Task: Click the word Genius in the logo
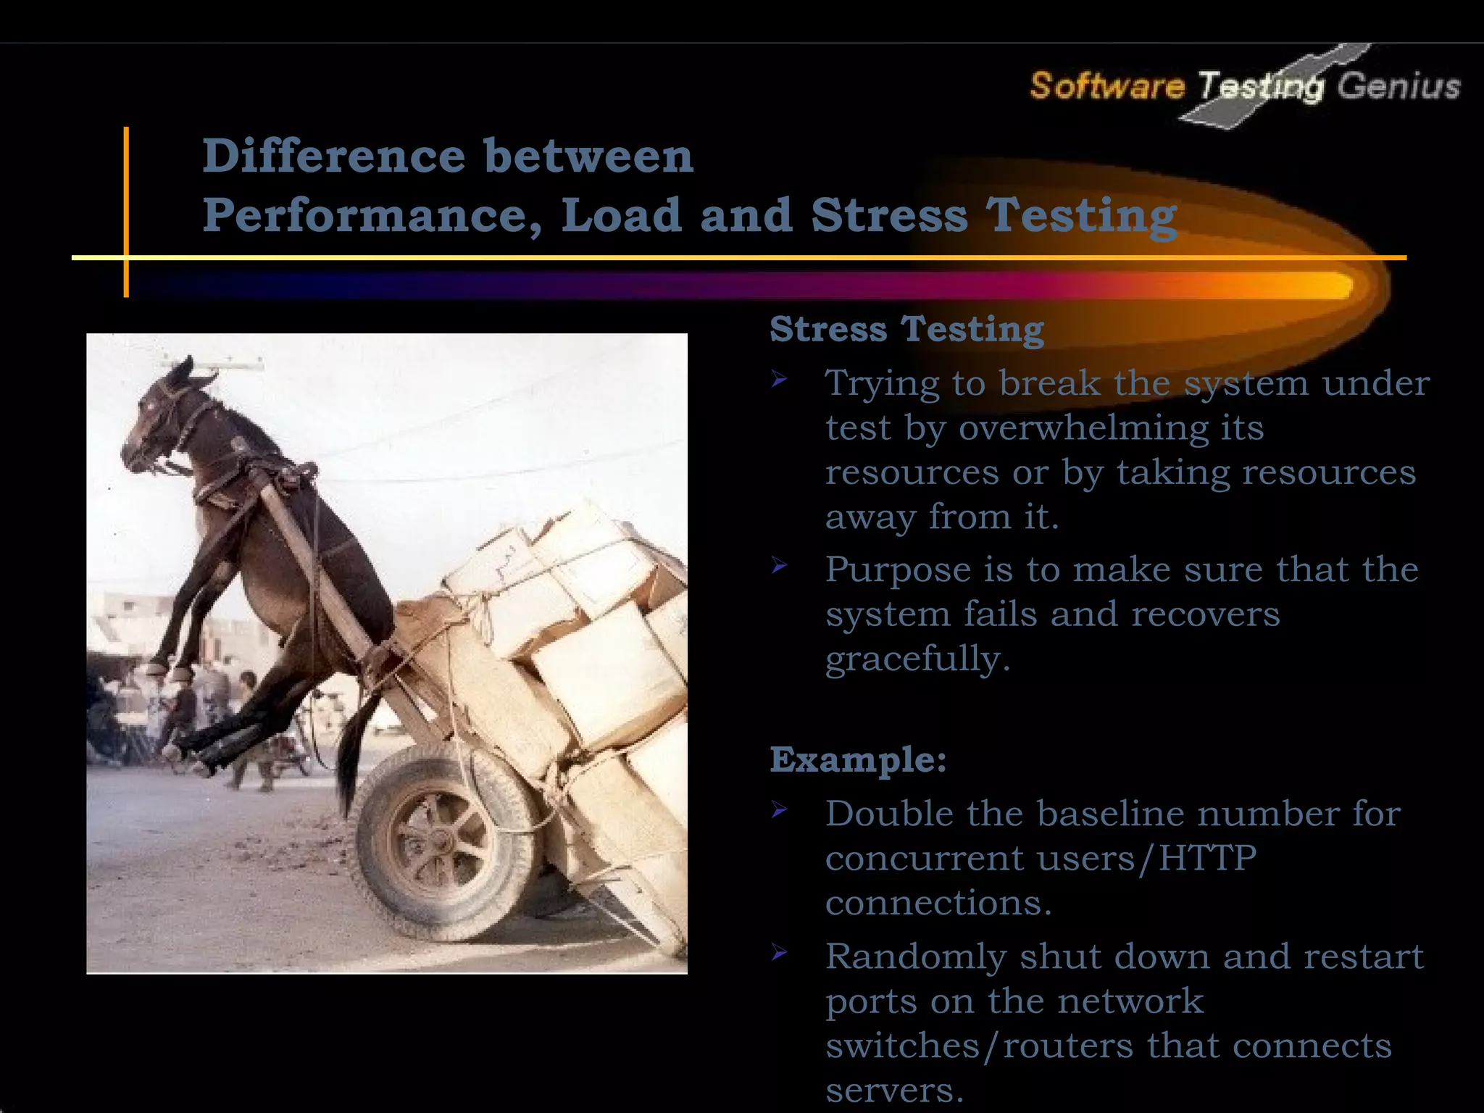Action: (x=1398, y=86)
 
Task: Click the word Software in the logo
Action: (x=1106, y=86)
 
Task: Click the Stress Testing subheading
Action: (x=906, y=330)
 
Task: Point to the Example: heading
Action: (x=858, y=760)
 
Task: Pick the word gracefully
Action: (x=917, y=659)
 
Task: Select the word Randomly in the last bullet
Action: (x=916, y=957)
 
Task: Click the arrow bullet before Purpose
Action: (x=779, y=565)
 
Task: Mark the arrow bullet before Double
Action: (x=779, y=809)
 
